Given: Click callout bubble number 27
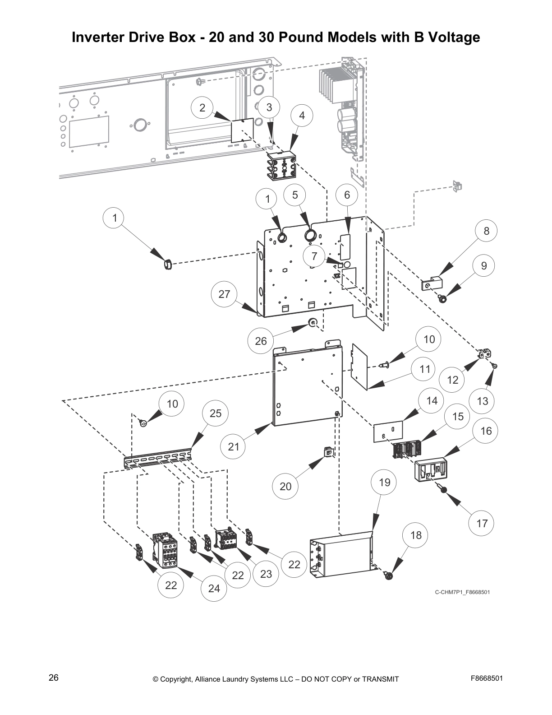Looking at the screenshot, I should pos(224,294).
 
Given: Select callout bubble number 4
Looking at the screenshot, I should pos(302,116).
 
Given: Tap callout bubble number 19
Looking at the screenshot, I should pos(384,483).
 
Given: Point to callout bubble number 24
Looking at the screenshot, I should pos(214,588).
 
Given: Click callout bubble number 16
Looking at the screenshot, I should pos(486,431).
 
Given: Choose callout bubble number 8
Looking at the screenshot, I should pos(486,231).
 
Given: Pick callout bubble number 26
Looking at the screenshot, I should pos(261,341).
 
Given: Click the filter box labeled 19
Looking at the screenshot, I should pos(340,556).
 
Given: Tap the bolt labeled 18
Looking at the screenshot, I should pos(388,576).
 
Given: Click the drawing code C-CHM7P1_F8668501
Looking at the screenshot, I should pos(462,592).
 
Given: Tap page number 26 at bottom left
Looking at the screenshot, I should pos(54,678).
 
